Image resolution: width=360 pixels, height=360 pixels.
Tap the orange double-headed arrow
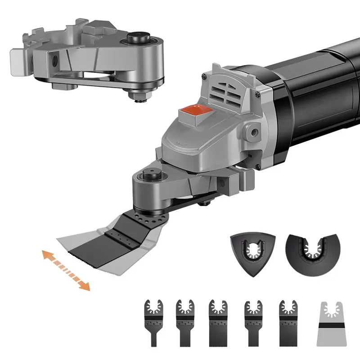click(x=66, y=270)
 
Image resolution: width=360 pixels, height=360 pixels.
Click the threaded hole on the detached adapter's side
click(x=54, y=58)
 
